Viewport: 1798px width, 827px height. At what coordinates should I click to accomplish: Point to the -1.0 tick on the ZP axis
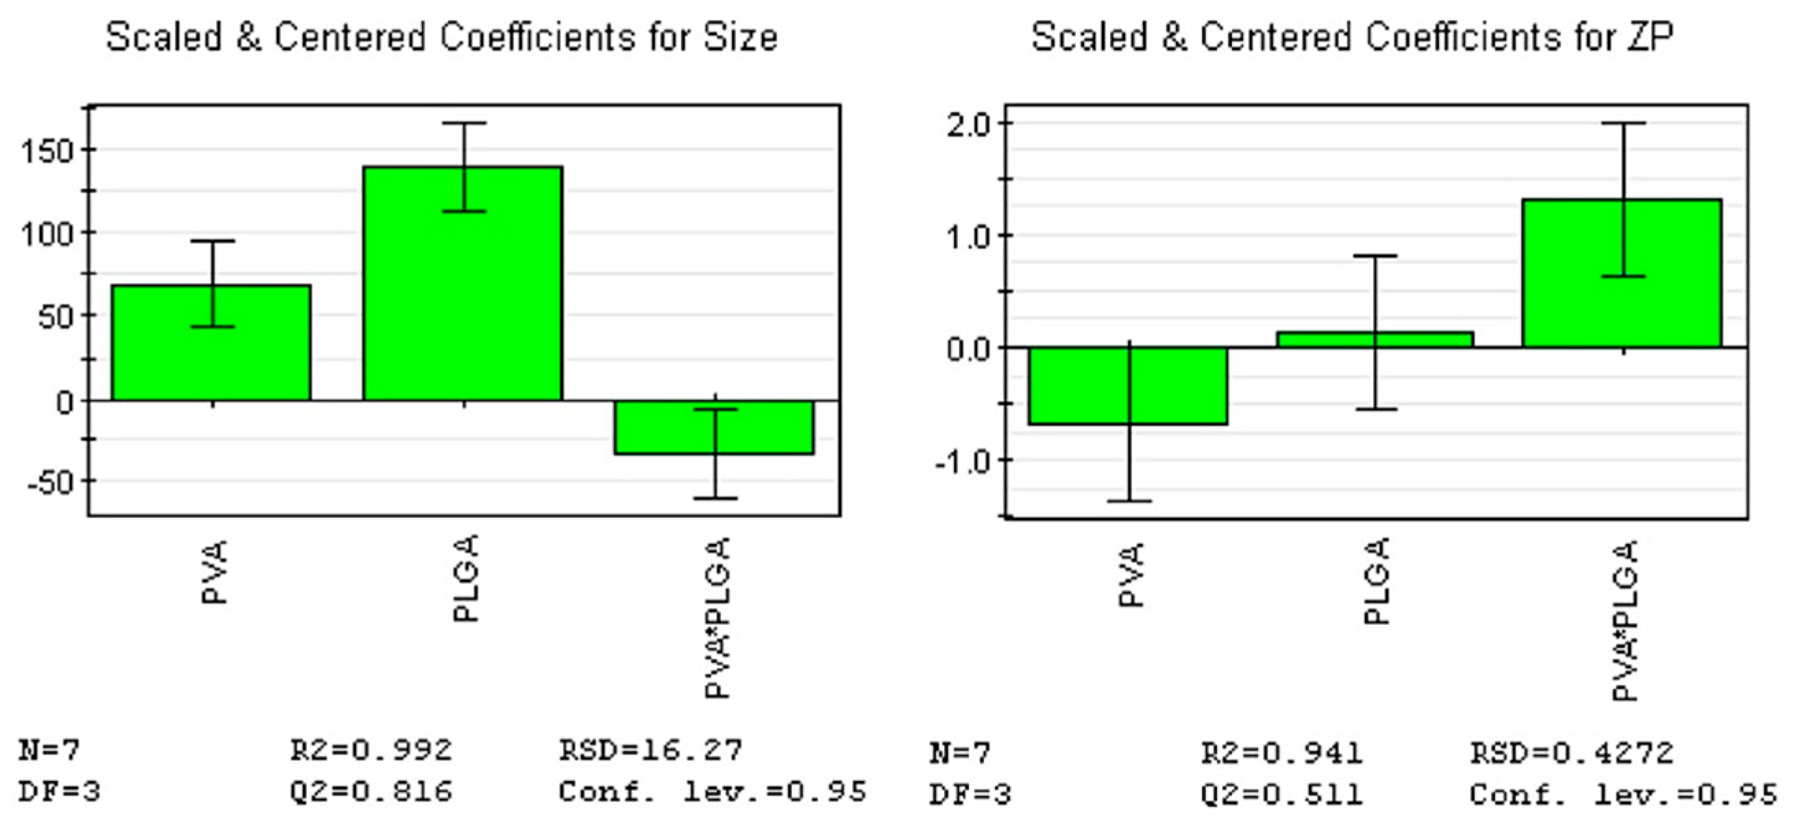(x=964, y=461)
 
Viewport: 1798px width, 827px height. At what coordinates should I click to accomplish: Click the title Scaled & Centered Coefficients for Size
(x=441, y=36)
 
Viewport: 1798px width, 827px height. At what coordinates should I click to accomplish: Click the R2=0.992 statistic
(x=371, y=750)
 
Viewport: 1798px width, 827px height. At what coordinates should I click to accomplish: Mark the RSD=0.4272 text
(x=1571, y=752)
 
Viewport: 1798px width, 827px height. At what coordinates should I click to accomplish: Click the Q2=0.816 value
(x=371, y=791)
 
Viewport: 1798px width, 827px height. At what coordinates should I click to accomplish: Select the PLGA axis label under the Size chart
(x=465, y=578)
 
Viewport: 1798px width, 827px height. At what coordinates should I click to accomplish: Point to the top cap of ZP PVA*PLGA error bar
(x=1623, y=123)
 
